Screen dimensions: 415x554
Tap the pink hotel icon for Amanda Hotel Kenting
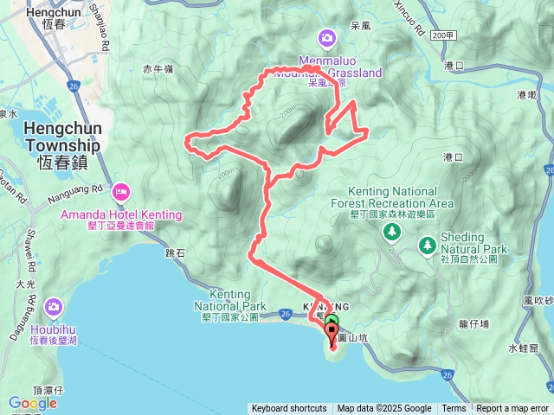pyautogui.click(x=120, y=190)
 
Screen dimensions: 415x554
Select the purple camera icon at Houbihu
pyautogui.click(x=54, y=305)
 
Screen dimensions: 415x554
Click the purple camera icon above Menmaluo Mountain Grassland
pyautogui.click(x=327, y=37)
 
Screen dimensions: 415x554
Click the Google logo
pyautogui.click(x=33, y=403)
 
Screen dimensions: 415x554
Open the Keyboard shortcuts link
pyautogui.click(x=289, y=409)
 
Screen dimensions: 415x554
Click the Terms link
pyautogui.click(x=454, y=409)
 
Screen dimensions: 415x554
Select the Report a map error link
pyautogui.click(x=512, y=409)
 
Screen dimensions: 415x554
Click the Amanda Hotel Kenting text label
pyautogui.click(x=121, y=214)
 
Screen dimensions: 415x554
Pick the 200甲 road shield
pyautogui.click(x=442, y=35)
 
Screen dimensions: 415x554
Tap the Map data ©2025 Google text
pyautogui.click(x=384, y=409)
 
